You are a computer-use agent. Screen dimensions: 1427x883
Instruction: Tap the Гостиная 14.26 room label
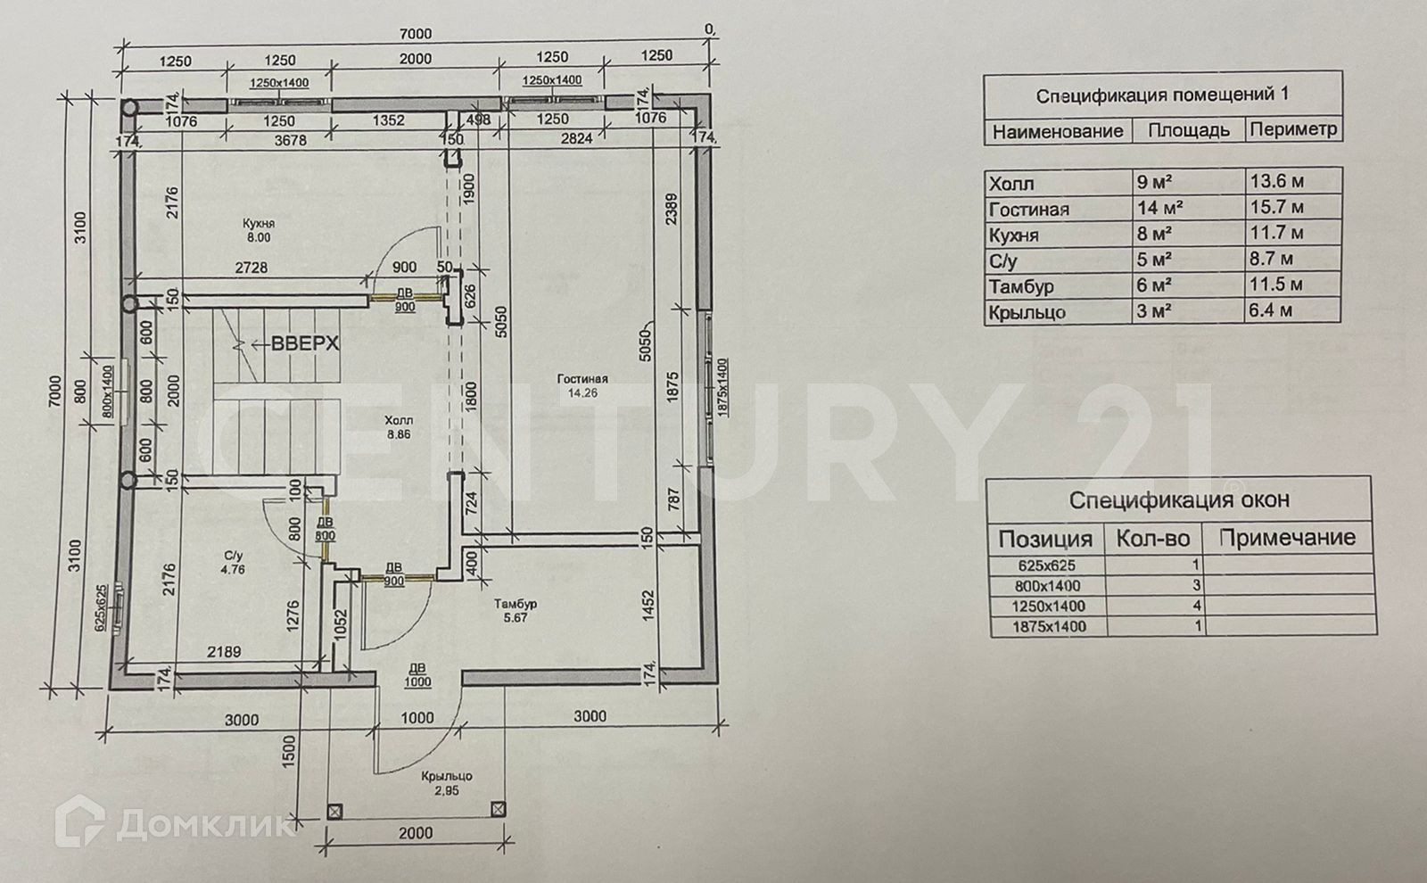584,384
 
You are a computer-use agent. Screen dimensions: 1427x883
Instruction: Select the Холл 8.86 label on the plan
398,427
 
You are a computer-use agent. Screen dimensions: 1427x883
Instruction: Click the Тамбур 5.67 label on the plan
516,611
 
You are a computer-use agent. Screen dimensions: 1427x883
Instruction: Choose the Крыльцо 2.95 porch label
448,783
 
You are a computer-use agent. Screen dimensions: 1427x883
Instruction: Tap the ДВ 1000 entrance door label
417,675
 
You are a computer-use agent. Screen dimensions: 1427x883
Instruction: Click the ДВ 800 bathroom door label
326,530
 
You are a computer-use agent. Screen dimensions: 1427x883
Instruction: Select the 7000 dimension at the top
415,34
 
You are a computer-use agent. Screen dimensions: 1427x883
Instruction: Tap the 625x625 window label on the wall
103,607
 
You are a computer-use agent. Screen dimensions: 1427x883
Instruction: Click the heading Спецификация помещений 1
1161,95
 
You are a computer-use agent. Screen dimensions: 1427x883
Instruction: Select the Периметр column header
1293,129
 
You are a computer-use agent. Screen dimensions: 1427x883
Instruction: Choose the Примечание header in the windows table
1286,538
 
